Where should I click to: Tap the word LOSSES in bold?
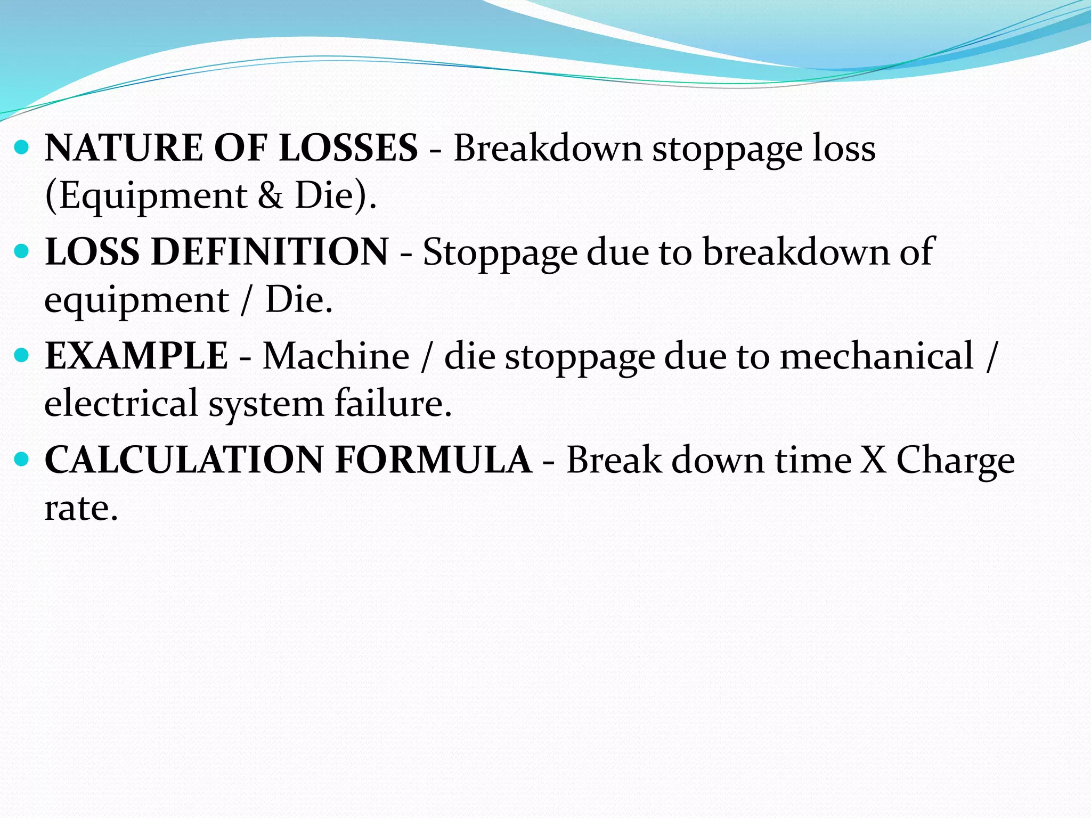pyautogui.click(x=348, y=148)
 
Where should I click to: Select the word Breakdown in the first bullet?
pyautogui.click(x=547, y=148)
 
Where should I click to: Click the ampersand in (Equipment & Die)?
pyautogui.click(x=270, y=195)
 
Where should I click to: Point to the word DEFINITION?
pyautogui.click(x=270, y=252)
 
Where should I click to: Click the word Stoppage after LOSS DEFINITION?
pyautogui.click(x=500, y=252)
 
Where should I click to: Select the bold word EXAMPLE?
pyautogui.click(x=136, y=356)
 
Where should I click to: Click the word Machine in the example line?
pyautogui.click(x=336, y=356)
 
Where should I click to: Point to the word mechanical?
pyautogui.click(x=876, y=356)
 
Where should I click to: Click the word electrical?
pyautogui.click(x=121, y=403)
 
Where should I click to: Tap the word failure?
pyautogui.click(x=393, y=403)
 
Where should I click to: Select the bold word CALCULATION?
pyautogui.click(x=184, y=460)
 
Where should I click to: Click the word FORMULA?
pyautogui.click(x=433, y=460)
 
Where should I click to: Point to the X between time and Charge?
pyautogui.click(x=874, y=460)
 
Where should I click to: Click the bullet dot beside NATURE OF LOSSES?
pyautogui.click(x=22, y=146)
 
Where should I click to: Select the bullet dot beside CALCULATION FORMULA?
pyautogui.click(x=22, y=459)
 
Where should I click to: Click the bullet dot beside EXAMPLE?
pyautogui.click(x=22, y=355)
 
